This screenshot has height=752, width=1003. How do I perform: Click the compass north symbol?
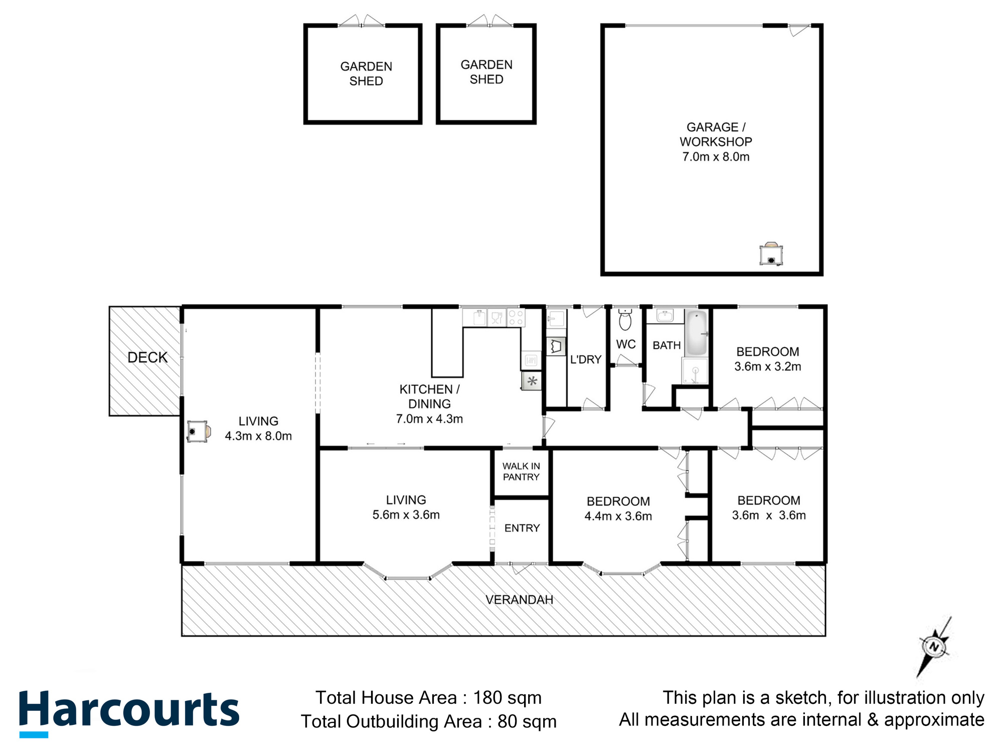(933, 647)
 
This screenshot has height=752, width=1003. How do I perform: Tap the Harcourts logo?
(129, 711)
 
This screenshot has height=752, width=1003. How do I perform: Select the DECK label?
(147, 357)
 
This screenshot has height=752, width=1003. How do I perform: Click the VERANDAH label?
(519, 600)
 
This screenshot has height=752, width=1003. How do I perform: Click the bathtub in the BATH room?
(696, 332)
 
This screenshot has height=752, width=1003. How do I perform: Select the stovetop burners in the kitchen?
(516, 318)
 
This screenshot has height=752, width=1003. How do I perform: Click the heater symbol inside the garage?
(771, 254)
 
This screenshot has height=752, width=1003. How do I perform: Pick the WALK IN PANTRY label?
(521, 472)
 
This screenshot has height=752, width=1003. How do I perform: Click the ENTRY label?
(522, 528)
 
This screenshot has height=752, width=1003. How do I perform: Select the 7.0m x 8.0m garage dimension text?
(716, 157)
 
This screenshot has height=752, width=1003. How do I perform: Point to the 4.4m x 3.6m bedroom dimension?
(618, 516)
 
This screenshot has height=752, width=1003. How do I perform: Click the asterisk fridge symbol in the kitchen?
(532, 382)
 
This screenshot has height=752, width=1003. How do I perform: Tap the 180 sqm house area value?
(507, 698)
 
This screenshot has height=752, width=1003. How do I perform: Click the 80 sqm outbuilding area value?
(527, 721)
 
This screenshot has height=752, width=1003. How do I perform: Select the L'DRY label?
(585, 359)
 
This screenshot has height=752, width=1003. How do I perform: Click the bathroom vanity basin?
(665, 316)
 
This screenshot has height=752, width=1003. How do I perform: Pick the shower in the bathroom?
(695, 371)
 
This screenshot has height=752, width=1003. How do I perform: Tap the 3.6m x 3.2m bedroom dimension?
(767, 366)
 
